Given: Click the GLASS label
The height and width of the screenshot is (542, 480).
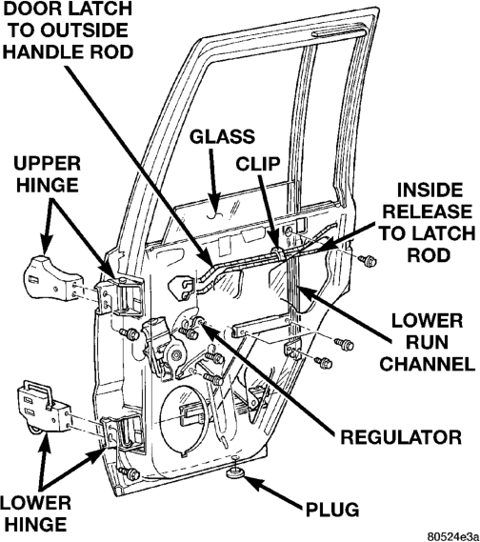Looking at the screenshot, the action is pyautogui.click(x=222, y=137).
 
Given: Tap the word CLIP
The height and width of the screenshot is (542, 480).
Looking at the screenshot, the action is pyautogui.click(x=258, y=164).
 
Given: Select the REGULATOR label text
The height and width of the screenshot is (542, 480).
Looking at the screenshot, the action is pyautogui.click(x=401, y=437).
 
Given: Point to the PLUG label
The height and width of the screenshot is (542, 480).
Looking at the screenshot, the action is pyautogui.click(x=332, y=510).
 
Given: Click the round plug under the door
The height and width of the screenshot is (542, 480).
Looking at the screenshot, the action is pyautogui.click(x=236, y=472).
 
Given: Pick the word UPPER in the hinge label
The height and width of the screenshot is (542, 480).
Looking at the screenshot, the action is pyautogui.click(x=47, y=164).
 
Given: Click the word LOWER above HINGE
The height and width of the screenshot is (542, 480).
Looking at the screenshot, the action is pyautogui.click(x=35, y=503).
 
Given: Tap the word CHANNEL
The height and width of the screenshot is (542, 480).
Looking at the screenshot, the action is pyautogui.click(x=428, y=364).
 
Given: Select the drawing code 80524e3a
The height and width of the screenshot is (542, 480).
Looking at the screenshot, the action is pyautogui.click(x=452, y=536).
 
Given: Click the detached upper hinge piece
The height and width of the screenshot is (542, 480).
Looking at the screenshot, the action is pyautogui.click(x=50, y=278).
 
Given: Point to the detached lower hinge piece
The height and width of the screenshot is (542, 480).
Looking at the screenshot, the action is pyautogui.click(x=44, y=407).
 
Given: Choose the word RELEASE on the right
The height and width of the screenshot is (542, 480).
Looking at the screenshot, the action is pyautogui.click(x=427, y=211).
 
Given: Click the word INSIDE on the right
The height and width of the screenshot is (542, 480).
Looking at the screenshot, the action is pyautogui.click(x=430, y=191).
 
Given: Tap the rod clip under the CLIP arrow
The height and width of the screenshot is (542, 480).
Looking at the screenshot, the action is pyautogui.click(x=277, y=254).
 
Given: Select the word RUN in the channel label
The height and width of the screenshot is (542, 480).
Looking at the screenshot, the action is pyautogui.click(x=427, y=342).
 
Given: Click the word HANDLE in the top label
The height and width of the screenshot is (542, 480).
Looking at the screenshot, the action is pyautogui.click(x=43, y=51).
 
